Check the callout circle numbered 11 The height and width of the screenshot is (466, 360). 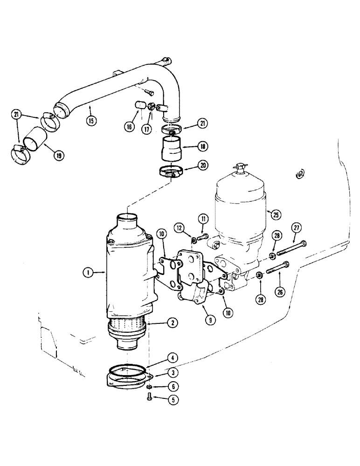pyautogui.click(x=203, y=218)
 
